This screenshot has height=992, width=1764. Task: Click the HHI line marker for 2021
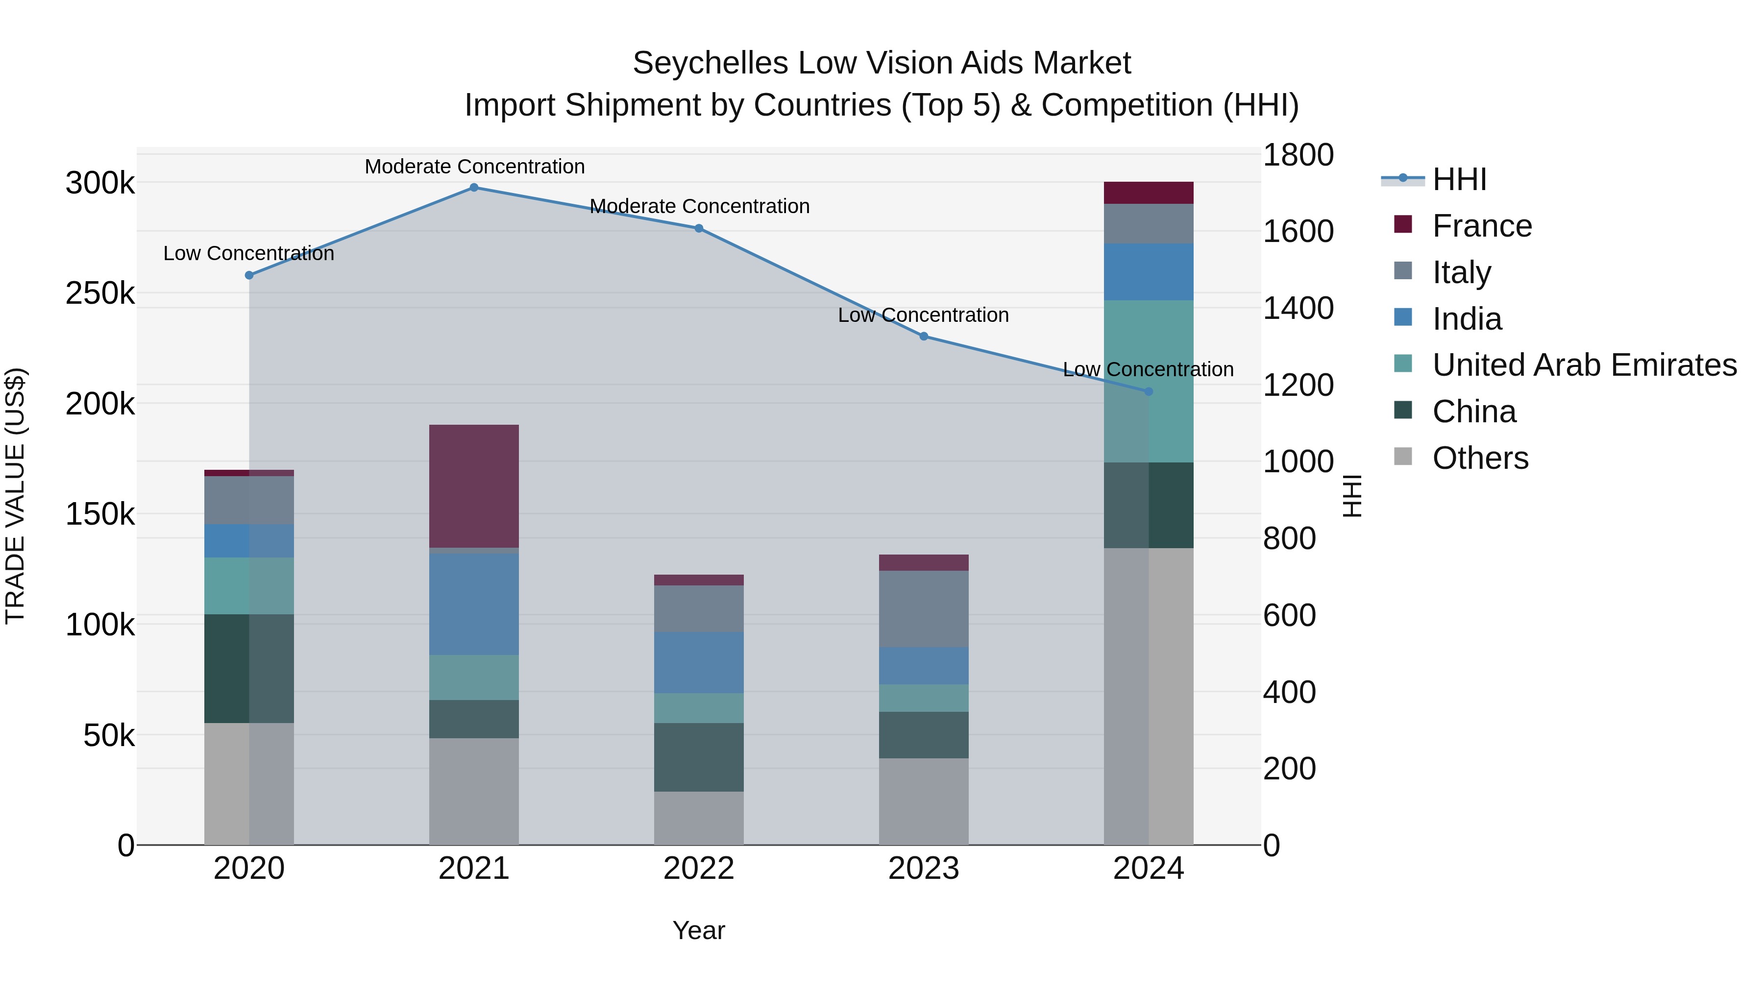474,188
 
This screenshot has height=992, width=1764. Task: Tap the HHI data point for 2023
923,336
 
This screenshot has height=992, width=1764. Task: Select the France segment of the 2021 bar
474,485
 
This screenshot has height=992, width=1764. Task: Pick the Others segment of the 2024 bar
1149,696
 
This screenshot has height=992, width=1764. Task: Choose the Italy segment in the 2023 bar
923,608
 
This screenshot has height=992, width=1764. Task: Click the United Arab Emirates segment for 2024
1149,381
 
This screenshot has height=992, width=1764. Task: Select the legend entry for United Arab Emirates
1584,365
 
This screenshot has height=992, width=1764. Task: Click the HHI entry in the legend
1459,179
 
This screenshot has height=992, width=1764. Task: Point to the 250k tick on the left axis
100,294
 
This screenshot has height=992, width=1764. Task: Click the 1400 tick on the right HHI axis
1298,308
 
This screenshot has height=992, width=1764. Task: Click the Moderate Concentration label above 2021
474,167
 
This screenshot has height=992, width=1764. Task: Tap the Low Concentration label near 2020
248,253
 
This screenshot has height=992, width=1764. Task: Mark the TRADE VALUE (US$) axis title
15,496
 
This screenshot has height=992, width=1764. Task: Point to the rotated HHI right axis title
1352,496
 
